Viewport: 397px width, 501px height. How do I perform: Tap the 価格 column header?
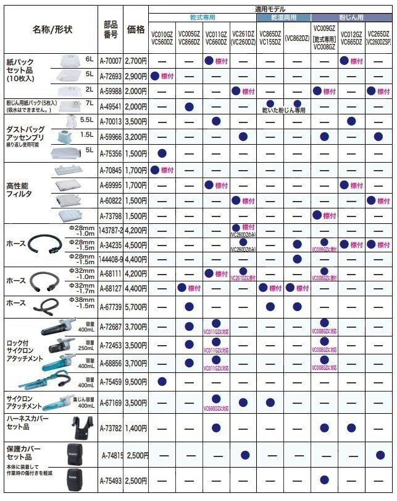point(135,30)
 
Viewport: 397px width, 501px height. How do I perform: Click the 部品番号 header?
point(112,30)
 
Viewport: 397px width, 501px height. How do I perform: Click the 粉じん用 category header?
point(352,18)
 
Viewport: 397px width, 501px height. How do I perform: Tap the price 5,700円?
point(135,306)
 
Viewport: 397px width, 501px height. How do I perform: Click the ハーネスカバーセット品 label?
point(25,424)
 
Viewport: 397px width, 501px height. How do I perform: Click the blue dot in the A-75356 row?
point(163,152)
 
